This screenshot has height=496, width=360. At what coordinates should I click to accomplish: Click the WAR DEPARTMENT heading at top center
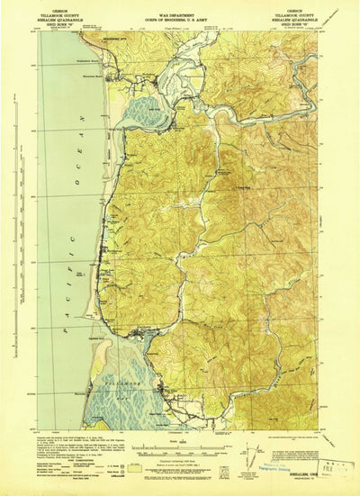[180, 12]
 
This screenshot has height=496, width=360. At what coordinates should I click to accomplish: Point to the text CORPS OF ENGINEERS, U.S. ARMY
[180, 17]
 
